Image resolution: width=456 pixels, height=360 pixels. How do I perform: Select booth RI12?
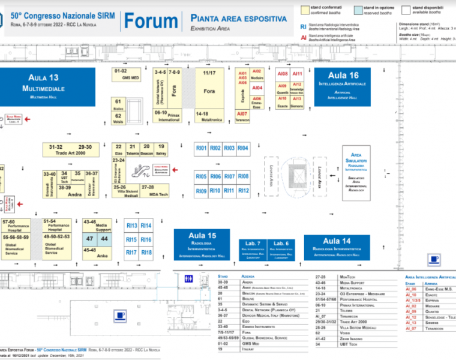click(x=243, y=191)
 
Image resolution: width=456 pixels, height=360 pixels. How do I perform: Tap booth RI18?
click(x=146, y=253)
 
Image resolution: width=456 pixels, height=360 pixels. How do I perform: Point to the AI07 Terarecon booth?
click(x=242, y=116)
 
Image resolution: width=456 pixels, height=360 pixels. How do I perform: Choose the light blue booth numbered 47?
click(x=89, y=239)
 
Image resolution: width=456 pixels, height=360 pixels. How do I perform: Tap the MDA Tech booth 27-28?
click(x=158, y=191)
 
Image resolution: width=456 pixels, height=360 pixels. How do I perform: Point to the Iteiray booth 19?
click(x=161, y=149)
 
